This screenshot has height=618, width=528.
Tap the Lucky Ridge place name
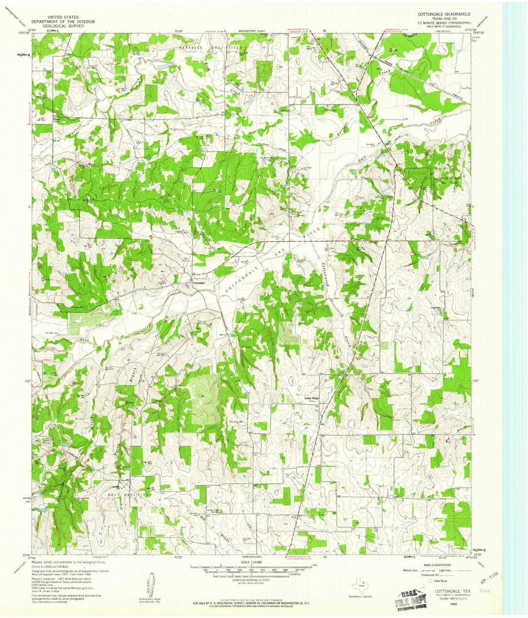(312, 399)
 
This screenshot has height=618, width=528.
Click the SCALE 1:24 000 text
(251, 563)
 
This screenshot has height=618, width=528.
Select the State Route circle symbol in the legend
(430, 581)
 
